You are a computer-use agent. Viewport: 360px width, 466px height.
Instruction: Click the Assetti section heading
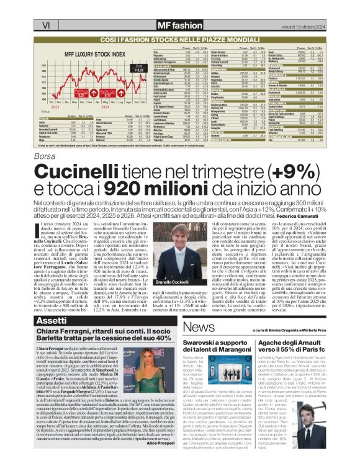pos(52,321)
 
